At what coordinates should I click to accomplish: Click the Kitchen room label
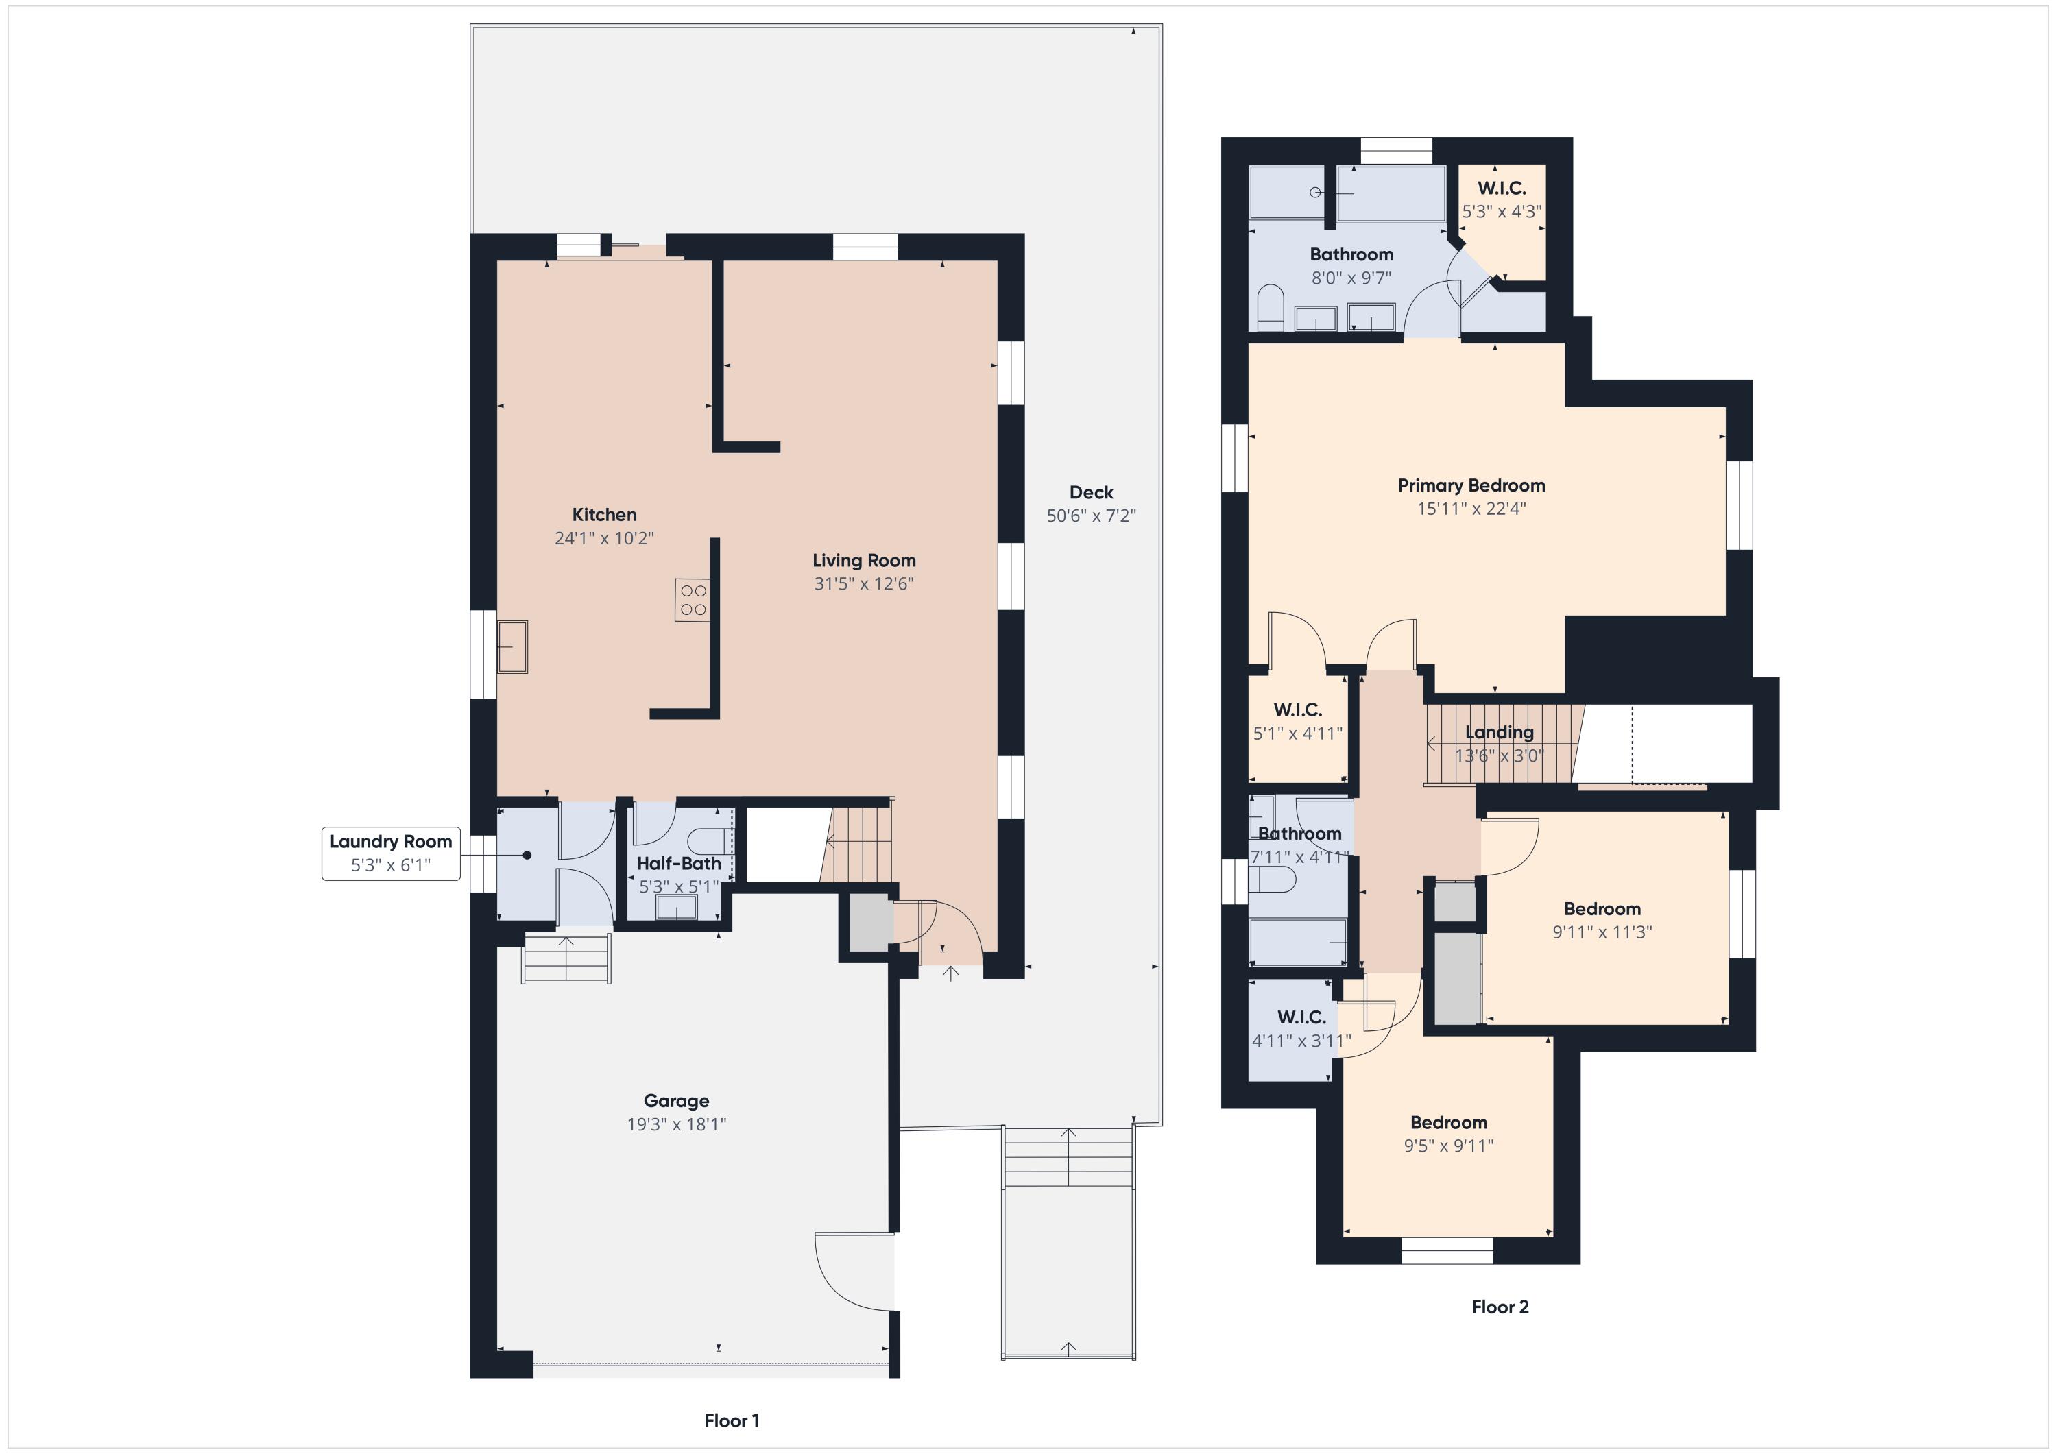[x=605, y=515]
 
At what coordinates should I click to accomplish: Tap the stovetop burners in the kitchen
[x=693, y=601]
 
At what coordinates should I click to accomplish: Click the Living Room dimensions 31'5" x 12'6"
[x=864, y=584]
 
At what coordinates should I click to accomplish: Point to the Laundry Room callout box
[x=391, y=853]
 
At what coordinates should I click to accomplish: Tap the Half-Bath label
[x=679, y=864]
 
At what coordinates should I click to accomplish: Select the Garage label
[x=676, y=1101]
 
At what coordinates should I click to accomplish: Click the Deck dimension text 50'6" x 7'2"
[x=1091, y=516]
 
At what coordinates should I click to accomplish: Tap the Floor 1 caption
[x=732, y=1421]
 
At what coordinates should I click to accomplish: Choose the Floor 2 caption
[x=1500, y=1307]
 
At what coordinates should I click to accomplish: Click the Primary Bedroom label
[x=1471, y=485]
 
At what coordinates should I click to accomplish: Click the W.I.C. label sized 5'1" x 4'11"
[x=1297, y=710]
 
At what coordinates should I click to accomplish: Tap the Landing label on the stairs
[x=1499, y=733]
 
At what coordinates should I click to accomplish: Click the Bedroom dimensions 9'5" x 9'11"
[x=1449, y=1146]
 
